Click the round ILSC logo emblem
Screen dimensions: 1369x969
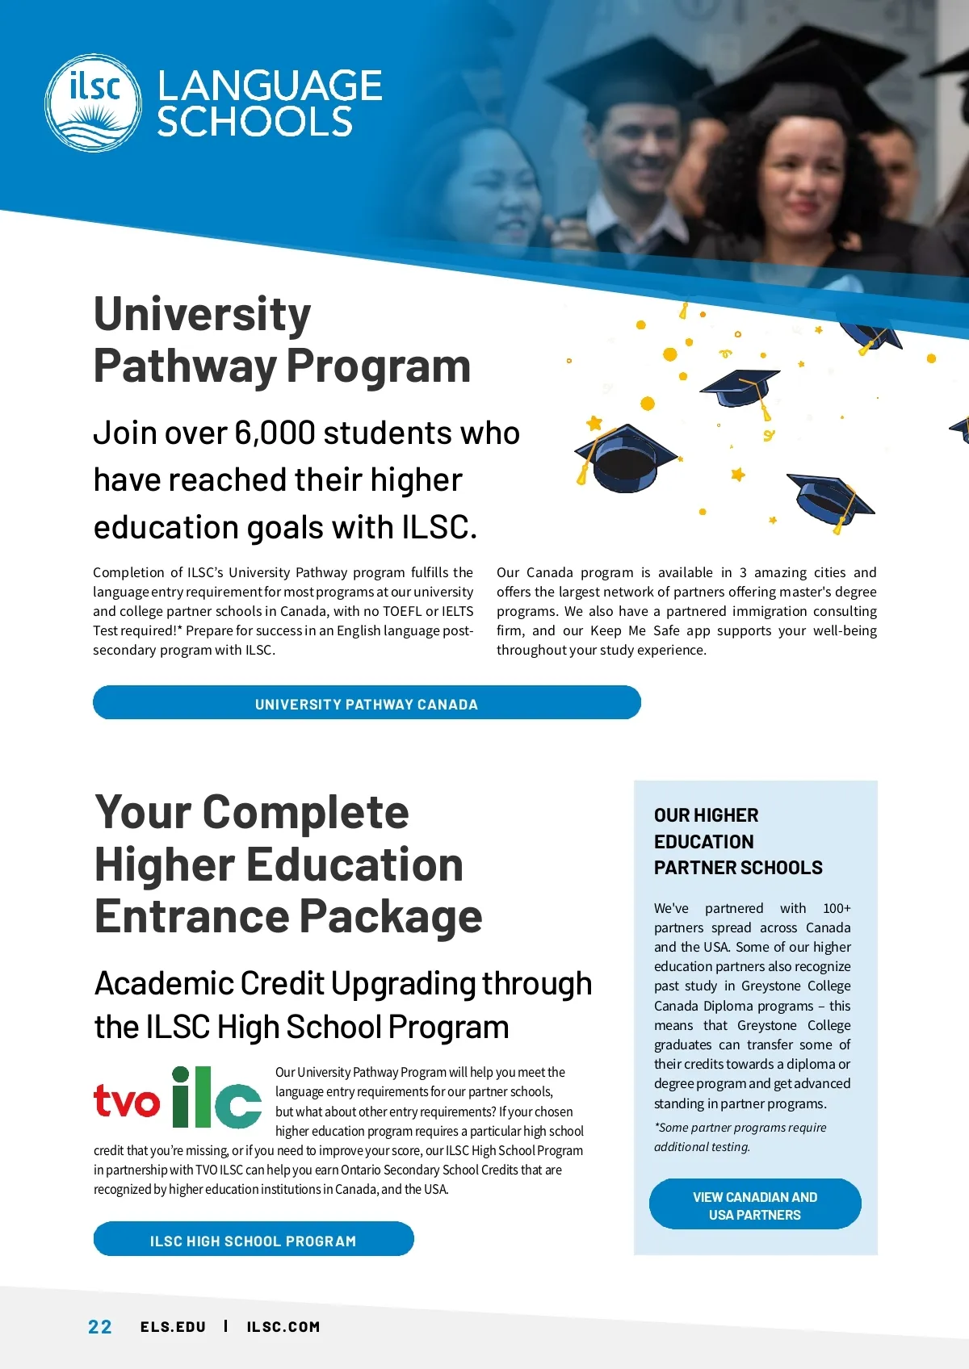pyautogui.click(x=93, y=103)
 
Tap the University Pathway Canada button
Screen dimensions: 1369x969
pyautogui.click(x=367, y=703)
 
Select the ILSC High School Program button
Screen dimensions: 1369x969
pyautogui.click(x=253, y=1240)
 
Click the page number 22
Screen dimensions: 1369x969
pyautogui.click(x=100, y=1327)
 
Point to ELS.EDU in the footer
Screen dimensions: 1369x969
pyautogui.click(x=173, y=1327)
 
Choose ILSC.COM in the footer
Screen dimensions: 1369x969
pyautogui.click(x=283, y=1327)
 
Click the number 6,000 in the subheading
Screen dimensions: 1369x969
pyautogui.click(x=274, y=433)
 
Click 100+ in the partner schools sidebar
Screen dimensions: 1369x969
pyautogui.click(x=836, y=908)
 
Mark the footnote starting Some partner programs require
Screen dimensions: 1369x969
pyautogui.click(x=740, y=1137)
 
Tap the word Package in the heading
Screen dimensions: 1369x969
pyautogui.click(x=391, y=917)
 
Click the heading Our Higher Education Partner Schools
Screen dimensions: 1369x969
pyautogui.click(x=737, y=841)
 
